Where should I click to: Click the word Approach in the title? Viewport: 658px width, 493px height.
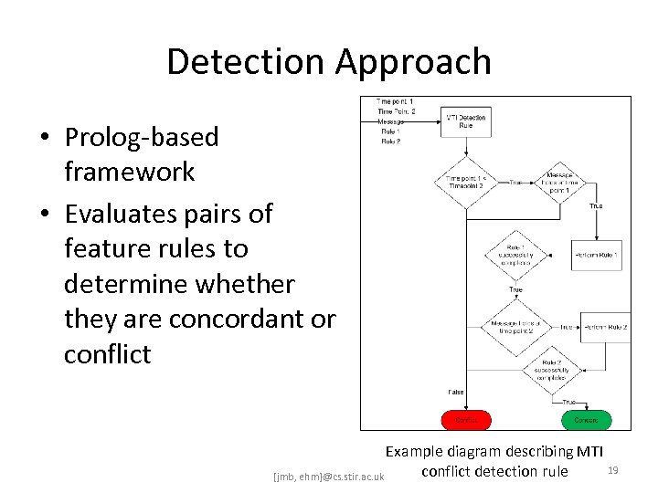(x=413, y=62)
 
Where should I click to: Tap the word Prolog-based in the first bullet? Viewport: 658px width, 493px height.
(x=142, y=137)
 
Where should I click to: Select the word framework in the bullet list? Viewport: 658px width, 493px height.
(x=129, y=172)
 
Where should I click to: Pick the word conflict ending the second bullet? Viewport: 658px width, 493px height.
(x=107, y=354)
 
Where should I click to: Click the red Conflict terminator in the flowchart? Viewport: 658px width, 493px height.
(x=466, y=420)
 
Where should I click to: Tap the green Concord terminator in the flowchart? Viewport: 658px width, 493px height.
(x=586, y=420)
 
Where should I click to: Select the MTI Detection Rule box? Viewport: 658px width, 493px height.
(x=466, y=121)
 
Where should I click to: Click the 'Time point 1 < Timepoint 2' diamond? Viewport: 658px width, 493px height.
(x=466, y=183)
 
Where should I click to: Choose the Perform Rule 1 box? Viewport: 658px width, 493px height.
(x=597, y=254)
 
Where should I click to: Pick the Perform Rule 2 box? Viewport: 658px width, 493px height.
(x=605, y=327)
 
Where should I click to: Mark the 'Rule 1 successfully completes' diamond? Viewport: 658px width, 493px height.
(x=515, y=254)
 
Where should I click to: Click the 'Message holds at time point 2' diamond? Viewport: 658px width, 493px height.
(x=515, y=327)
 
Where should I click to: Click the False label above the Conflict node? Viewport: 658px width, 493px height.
(x=455, y=392)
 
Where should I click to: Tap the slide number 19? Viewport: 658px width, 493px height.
(x=613, y=469)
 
